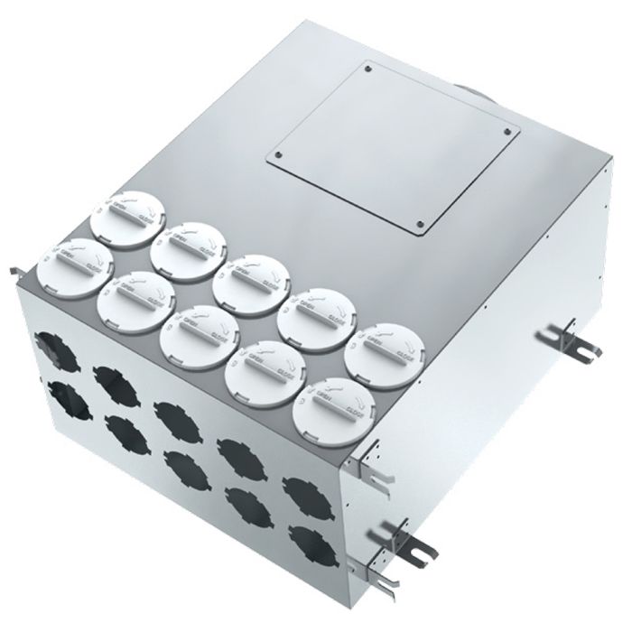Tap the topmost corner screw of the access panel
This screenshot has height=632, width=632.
(x=368, y=67)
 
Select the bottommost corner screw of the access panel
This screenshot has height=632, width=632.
(x=418, y=224)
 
